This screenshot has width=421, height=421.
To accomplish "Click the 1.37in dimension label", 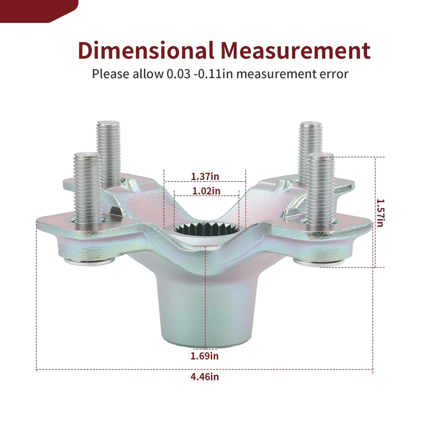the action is coord(205,176).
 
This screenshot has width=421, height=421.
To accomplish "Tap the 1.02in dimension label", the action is coord(206,191).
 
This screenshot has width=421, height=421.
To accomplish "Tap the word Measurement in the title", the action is coord(295,50).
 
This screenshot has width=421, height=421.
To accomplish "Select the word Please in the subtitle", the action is coord(110,74).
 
